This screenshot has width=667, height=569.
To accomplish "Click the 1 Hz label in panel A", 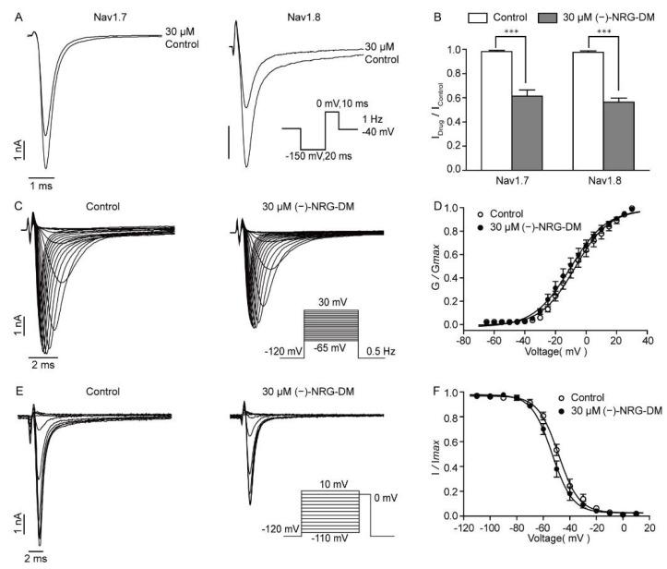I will point(373,119).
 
